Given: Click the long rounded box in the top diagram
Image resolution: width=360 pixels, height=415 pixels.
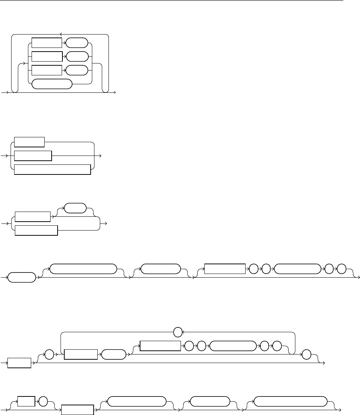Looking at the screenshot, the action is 52,84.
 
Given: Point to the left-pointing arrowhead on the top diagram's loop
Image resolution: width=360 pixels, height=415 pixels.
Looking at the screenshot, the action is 61,34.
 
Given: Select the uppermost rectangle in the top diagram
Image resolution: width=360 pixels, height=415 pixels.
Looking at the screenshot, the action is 47,43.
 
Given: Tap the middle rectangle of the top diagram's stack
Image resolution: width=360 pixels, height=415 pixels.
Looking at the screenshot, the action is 47,56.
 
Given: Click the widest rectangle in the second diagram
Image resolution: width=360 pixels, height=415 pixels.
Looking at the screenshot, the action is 52,169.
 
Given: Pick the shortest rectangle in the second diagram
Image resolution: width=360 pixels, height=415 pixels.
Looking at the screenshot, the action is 29,142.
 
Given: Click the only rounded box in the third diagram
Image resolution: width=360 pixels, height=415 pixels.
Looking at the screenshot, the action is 75,208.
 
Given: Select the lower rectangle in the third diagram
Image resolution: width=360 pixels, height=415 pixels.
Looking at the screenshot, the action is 36,230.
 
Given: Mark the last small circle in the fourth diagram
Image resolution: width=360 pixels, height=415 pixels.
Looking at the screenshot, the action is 342,268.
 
